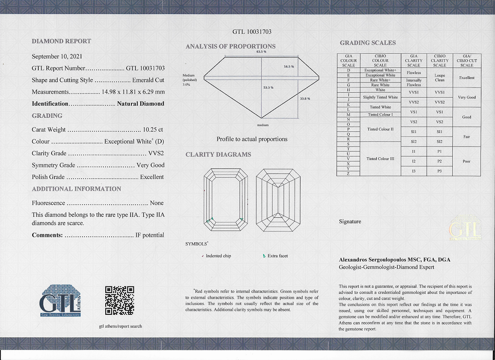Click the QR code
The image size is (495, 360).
coord(119,300)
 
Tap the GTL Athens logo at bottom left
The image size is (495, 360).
coord(61,300)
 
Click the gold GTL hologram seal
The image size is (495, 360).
coord(465,227)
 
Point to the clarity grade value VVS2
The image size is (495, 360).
coord(156,153)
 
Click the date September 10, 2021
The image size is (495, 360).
coord(57,56)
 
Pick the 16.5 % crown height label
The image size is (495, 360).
coord(289,66)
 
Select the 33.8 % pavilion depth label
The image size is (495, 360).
coord(305,99)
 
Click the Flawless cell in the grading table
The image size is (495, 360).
coord(414,73)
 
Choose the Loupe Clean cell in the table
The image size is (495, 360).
coord(439,77)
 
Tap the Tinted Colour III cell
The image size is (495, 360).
coord(380,159)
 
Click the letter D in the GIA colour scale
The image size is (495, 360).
coord(348,70)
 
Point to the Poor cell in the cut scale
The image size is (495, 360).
coord(466,161)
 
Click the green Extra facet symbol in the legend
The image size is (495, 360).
coord(264,256)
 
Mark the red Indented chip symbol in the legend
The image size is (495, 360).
coord(202,256)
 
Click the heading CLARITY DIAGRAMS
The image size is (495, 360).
coord(218,155)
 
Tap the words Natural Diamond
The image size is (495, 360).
coord(140,104)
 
